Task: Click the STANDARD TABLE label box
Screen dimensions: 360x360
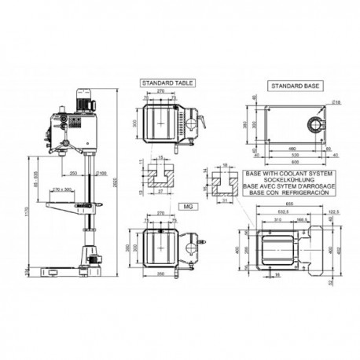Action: [x=163, y=82]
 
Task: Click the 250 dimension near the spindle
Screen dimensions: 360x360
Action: [x=73, y=172]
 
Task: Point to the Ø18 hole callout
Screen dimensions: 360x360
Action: [x=337, y=101]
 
